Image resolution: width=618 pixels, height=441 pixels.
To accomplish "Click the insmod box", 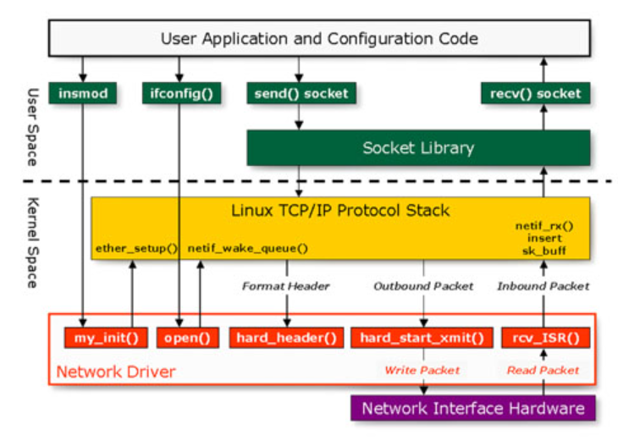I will (x=82, y=93).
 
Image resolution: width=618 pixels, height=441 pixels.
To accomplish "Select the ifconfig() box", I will (x=181, y=93).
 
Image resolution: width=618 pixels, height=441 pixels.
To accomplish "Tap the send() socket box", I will (x=300, y=93).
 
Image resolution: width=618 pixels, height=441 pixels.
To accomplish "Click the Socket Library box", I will (x=418, y=148).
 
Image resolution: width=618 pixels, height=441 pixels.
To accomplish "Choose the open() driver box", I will (x=188, y=338).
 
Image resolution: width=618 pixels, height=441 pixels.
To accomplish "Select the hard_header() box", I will (x=285, y=338).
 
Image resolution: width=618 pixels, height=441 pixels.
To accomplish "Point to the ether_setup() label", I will (x=135, y=249).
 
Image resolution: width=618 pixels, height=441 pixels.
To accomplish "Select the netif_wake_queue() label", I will (x=246, y=249).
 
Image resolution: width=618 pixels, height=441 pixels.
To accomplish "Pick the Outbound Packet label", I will (x=423, y=286).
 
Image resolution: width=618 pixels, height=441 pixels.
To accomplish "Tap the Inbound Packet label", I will (x=543, y=286).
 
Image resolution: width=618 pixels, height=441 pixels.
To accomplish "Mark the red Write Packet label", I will (x=422, y=370).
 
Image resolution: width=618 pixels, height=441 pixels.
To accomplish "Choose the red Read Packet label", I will (x=543, y=370).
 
